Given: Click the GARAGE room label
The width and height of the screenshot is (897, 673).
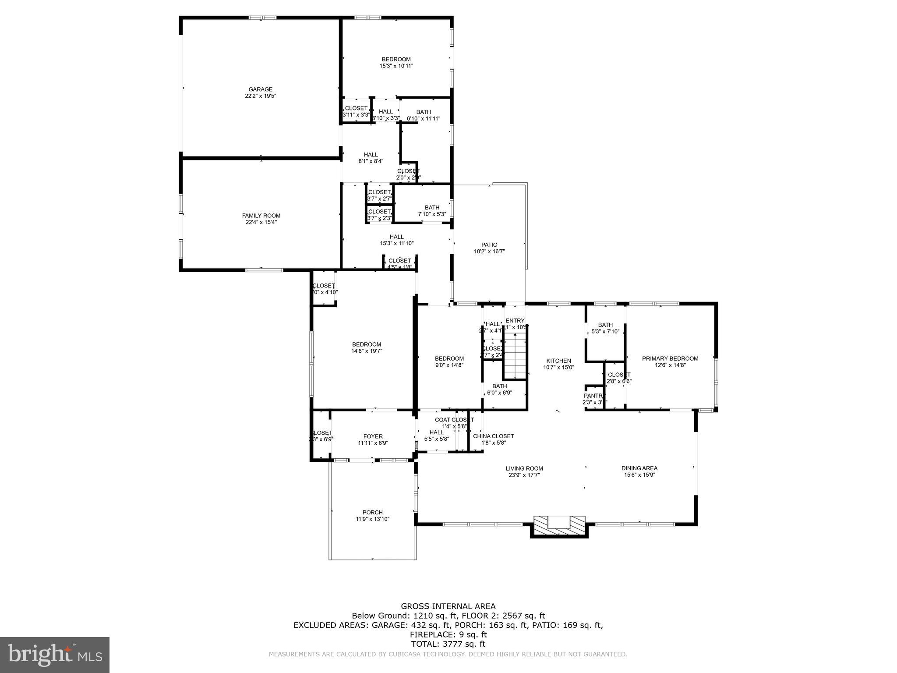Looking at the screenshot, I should click(x=261, y=89).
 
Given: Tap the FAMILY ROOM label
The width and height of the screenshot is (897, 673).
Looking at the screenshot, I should click(x=261, y=216).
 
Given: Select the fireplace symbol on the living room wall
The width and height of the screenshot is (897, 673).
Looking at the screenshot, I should click(x=559, y=524).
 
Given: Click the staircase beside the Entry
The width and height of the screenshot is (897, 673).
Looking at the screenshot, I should click(x=515, y=356).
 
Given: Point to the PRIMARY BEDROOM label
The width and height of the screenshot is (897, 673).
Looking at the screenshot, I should click(x=670, y=358).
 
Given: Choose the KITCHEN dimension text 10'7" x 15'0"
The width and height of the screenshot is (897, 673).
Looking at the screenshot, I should click(x=558, y=368).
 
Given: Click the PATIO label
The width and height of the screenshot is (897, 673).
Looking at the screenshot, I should click(x=489, y=245).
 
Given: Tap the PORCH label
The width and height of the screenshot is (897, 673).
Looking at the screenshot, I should click(x=372, y=512).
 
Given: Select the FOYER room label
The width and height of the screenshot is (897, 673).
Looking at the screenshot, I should click(x=373, y=436).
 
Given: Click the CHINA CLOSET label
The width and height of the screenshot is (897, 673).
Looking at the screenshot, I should click(x=493, y=436).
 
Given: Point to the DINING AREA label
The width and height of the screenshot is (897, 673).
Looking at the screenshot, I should click(x=639, y=468).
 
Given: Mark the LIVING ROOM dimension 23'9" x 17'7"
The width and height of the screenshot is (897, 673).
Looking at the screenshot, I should click(x=524, y=475).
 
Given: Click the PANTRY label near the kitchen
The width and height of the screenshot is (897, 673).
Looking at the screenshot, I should click(x=594, y=396).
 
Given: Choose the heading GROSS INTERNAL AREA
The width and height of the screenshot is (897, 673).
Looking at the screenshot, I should click(x=448, y=606).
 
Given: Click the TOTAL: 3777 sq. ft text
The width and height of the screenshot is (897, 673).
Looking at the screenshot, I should click(x=448, y=644).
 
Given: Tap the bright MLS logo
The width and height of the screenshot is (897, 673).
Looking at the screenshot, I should click(x=55, y=655).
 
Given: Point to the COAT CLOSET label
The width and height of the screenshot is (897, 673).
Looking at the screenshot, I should click(x=454, y=420).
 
